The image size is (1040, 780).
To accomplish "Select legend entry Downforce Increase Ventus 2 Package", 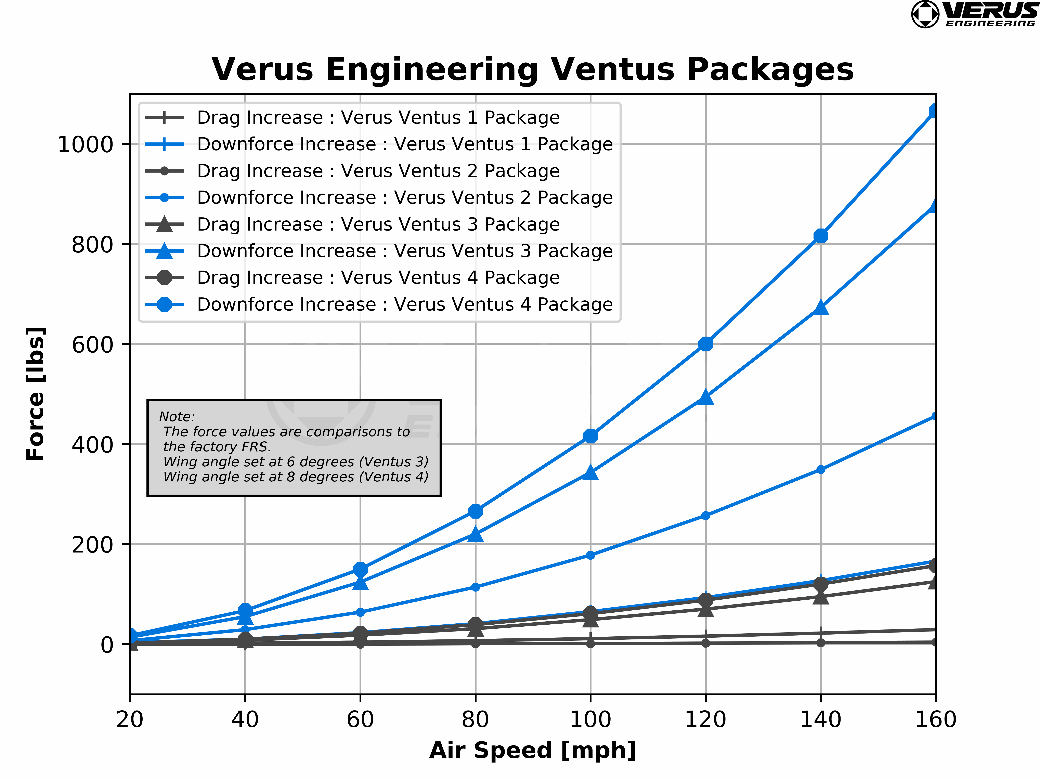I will coord(404,197).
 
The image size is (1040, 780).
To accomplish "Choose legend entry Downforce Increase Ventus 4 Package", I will coord(404,304).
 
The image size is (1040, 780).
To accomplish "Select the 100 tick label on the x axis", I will coord(590,719).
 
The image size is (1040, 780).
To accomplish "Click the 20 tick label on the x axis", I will coord(130,719).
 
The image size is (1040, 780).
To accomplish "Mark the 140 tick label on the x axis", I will coord(820,719).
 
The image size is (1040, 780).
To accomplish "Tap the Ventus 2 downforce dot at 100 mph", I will coord(590,555).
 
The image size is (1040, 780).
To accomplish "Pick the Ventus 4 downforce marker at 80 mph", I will coord(475,511).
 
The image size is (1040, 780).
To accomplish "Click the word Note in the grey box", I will coord(176,417).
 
